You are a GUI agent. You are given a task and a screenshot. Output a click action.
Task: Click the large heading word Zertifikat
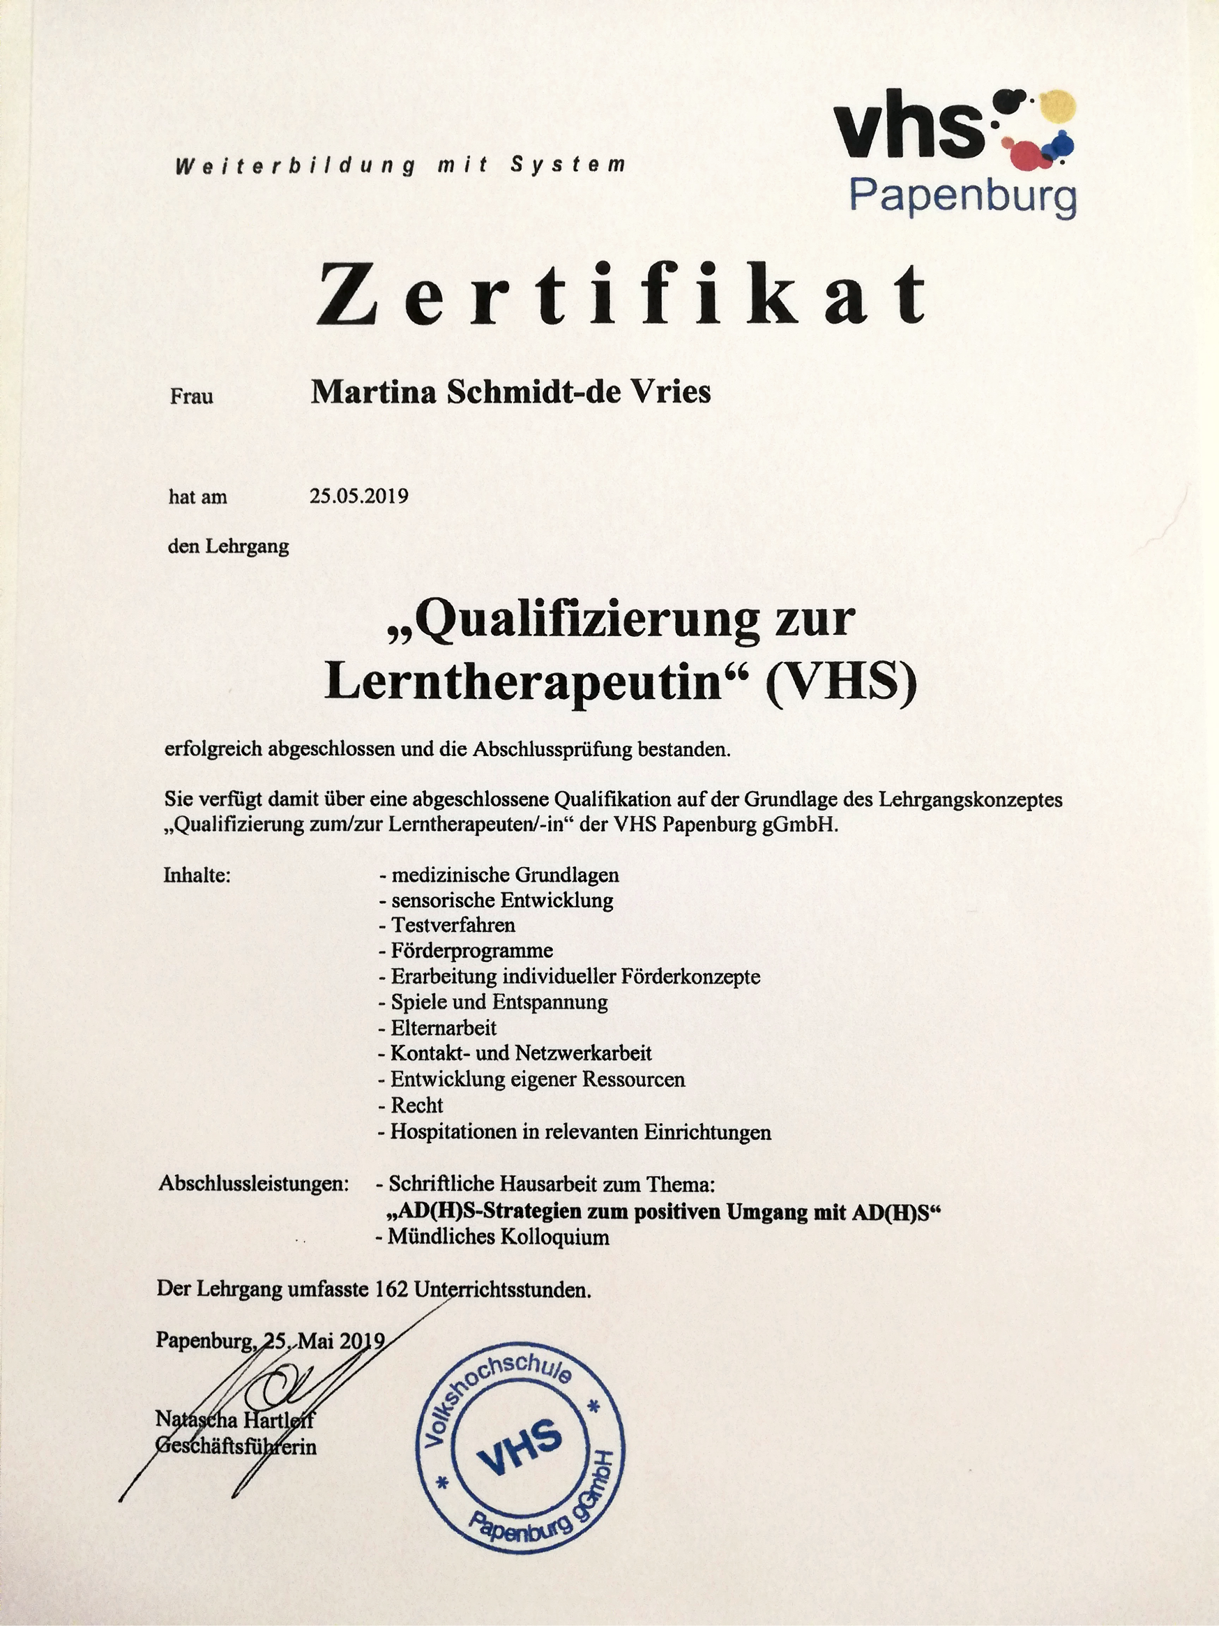tap(621, 294)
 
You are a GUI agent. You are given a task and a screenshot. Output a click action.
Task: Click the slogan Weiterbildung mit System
tap(400, 165)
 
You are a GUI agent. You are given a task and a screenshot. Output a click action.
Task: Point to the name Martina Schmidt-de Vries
tap(510, 392)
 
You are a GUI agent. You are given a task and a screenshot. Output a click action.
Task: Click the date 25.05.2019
tap(358, 496)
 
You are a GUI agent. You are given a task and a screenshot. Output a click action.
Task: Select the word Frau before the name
tap(192, 397)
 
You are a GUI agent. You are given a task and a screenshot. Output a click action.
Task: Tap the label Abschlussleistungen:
tap(254, 1184)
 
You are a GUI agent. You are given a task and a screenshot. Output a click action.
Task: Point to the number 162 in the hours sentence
tap(391, 1289)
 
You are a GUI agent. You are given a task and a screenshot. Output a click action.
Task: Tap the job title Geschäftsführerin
tap(236, 1447)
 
